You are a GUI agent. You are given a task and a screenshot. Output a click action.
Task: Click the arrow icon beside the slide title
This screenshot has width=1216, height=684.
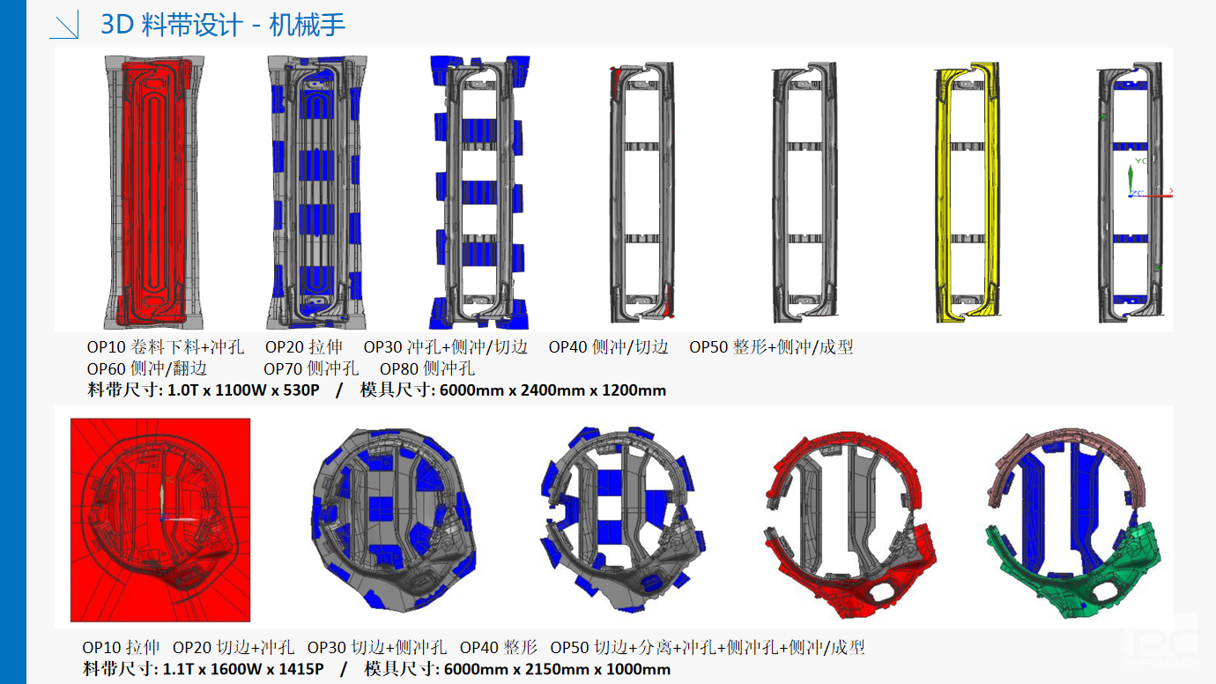pyautogui.click(x=64, y=25)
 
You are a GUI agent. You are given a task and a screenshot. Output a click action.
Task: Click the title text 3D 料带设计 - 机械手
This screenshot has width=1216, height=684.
pyautogui.click(x=223, y=25)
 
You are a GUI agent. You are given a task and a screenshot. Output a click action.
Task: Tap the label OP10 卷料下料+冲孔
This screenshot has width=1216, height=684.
pyautogui.click(x=166, y=347)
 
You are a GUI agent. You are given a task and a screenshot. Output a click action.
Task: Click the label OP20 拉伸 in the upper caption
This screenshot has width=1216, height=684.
pyautogui.click(x=304, y=347)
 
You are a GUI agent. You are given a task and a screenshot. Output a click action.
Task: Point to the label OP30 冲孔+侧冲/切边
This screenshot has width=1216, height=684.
pyautogui.click(x=446, y=347)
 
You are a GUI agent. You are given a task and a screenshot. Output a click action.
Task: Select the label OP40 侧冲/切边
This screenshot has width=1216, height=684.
pyautogui.click(x=609, y=347)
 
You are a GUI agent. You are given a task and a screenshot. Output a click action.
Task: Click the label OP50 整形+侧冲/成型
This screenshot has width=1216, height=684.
pyautogui.click(x=771, y=347)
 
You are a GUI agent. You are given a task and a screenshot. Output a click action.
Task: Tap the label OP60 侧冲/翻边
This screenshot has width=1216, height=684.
pyautogui.click(x=147, y=368)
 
